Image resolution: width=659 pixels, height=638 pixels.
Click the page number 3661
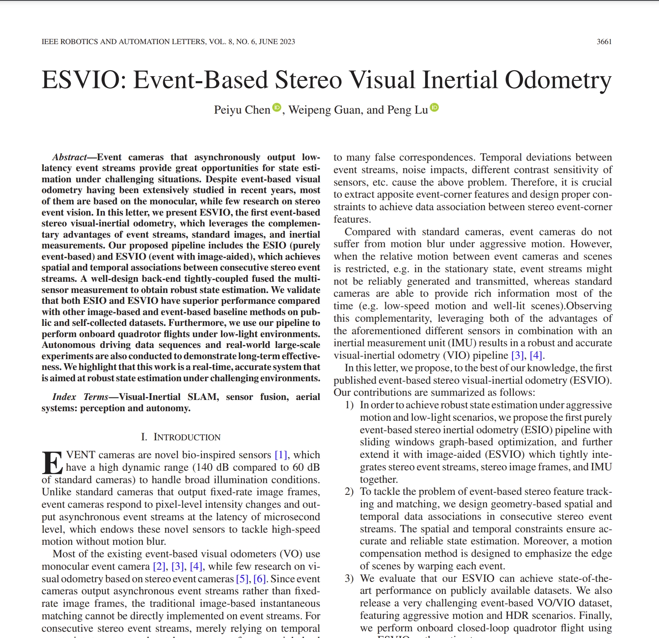tap(604, 42)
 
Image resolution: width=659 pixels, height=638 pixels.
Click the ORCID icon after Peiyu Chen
tap(277, 107)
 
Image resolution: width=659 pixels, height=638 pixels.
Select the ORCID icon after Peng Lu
tap(434, 107)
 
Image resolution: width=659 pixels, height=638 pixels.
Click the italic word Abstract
tap(69, 157)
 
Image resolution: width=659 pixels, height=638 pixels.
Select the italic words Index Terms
tap(80, 397)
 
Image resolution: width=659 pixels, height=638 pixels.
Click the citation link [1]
tap(281, 455)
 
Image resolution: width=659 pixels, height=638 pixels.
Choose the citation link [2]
tap(159, 566)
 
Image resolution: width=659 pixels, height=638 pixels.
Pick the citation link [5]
tap(242, 579)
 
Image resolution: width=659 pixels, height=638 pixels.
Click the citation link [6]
tap(260, 579)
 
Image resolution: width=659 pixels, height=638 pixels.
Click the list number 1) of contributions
tap(349, 405)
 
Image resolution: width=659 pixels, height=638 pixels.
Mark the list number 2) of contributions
tap(349, 492)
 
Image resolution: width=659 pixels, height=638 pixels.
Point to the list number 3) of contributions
tap(349, 578)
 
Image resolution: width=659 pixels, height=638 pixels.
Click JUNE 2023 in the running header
tap(277, 42)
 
